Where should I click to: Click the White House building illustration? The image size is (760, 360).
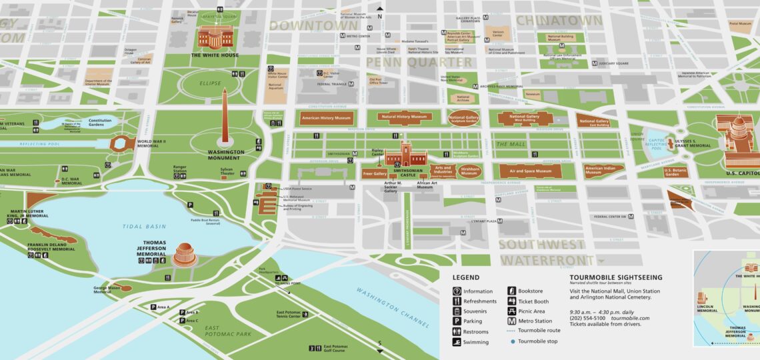(215, 37)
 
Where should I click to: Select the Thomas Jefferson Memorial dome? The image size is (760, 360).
(184, 253)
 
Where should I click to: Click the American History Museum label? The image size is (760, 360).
(326, 118)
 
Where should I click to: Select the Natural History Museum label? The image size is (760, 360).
(403, 117)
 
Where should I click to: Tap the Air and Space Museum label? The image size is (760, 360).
(526, 171)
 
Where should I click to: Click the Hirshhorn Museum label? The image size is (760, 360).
(470, 171)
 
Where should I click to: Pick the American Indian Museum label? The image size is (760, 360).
(602, 171)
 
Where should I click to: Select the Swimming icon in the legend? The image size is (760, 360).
(457, 342)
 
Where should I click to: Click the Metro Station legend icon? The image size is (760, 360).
(512, 321)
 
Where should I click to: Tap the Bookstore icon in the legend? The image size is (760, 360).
(512, 291)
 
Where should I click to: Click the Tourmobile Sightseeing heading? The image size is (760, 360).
(615, 277)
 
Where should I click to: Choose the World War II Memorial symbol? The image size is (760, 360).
(121, 143)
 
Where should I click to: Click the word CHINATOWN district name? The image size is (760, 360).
(559, 21)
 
